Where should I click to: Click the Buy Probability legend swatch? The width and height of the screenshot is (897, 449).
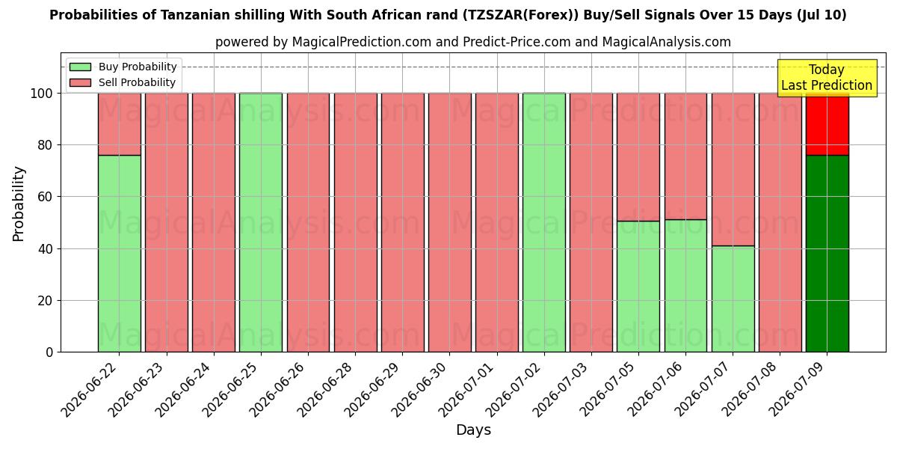point(80,67)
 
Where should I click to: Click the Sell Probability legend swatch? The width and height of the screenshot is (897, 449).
point(80,82)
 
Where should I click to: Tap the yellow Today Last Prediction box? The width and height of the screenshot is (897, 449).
point(827,78)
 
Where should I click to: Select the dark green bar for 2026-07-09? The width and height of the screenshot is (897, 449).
point(827,254)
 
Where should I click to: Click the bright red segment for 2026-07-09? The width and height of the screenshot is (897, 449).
point(827,124)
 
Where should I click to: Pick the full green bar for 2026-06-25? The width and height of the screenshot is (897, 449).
point(261,222)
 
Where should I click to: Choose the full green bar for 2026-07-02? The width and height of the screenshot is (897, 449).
point(544,222)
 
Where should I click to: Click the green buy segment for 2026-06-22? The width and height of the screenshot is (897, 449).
point(120,254)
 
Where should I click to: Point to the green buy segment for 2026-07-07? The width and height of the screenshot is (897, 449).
point(733,299)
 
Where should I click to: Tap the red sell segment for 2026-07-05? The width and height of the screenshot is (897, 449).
point(638,157)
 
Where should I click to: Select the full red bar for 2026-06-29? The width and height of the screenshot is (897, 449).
point(402,222)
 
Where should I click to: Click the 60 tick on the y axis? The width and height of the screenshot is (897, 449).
point(46,196)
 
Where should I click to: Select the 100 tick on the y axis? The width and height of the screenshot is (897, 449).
point(42,94)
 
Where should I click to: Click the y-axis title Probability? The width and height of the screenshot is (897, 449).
point(19,204)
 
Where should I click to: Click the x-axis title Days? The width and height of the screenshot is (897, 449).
point(473,430)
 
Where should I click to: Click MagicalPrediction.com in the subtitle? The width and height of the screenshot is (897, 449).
point(362,42)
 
